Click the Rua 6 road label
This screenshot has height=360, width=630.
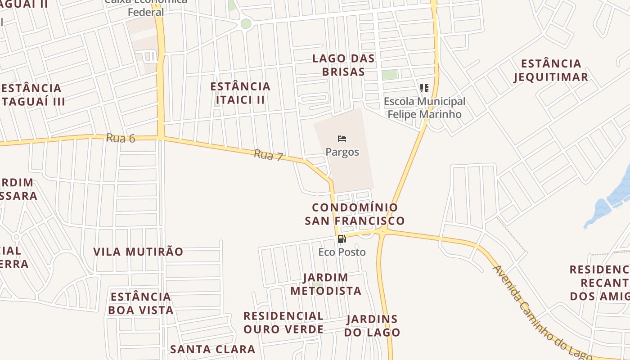point(121,138)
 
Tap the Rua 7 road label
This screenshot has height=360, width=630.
point(268,156)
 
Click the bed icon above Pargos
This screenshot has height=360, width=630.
point(342,139)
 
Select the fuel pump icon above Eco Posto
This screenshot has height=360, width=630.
point(342,239)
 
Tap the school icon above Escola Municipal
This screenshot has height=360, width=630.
point(424,88)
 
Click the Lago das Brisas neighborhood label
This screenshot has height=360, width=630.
point(343,65)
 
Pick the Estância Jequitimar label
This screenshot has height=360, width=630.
point(551,70)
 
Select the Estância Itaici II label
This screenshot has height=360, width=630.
point(240,93)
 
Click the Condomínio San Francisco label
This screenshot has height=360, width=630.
point(355,214)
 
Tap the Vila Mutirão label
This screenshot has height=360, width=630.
point(138,252)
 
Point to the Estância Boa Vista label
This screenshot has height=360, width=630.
point(141,303)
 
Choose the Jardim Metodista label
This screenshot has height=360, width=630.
point(326,284)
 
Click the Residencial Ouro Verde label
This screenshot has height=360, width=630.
point(283,323)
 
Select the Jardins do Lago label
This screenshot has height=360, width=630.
point(372,326)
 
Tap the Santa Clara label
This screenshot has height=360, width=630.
point(212,349)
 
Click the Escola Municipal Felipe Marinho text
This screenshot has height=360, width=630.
point(424,108)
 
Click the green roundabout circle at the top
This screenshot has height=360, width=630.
point(246,23)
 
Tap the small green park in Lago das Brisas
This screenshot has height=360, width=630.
point(390,75)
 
